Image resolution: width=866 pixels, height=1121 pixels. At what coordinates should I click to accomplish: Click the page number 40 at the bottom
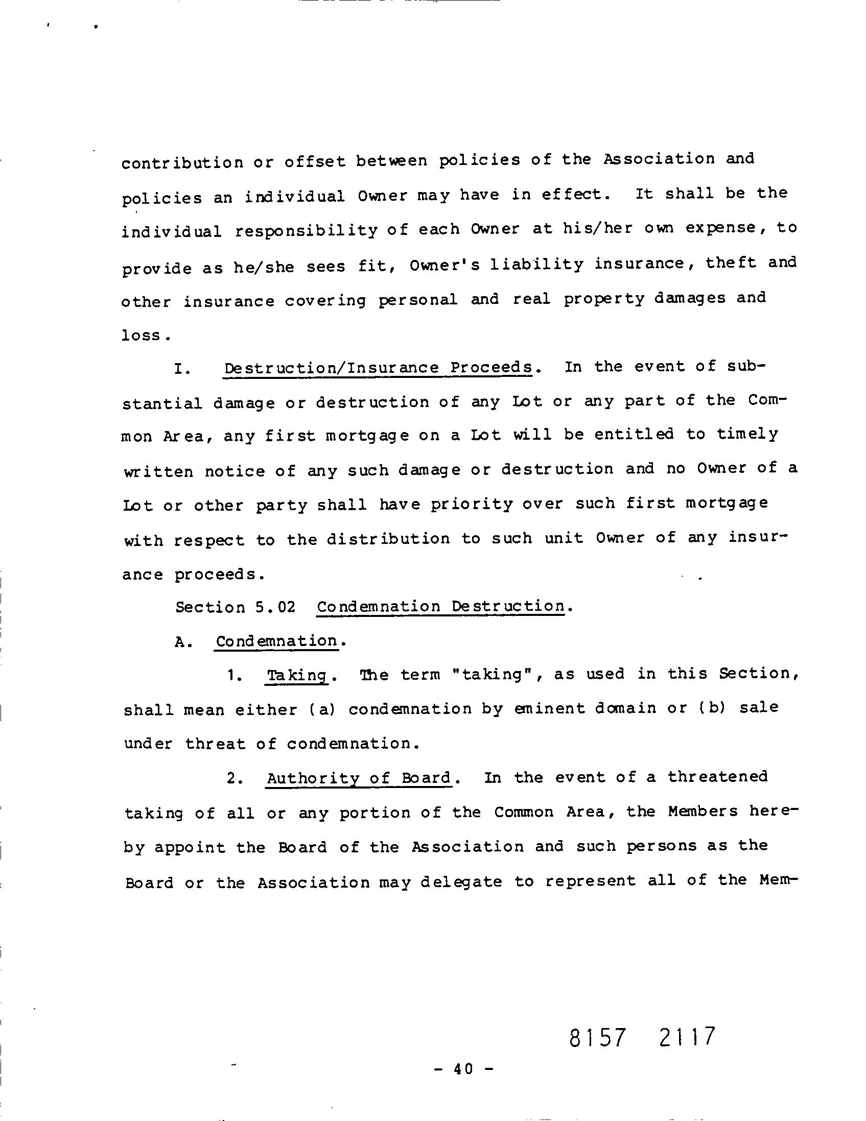click(462, 1068)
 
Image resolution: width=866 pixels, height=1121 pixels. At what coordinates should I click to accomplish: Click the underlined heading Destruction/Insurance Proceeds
click(378, 368)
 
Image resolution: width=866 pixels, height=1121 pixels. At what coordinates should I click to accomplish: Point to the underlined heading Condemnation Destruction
click(440, 606)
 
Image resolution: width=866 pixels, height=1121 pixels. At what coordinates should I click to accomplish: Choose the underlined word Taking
click(297, 676)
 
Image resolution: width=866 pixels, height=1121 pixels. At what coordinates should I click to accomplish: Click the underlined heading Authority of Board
click(359, 778)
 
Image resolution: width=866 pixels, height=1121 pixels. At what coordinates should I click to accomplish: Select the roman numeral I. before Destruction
click(183, 369)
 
